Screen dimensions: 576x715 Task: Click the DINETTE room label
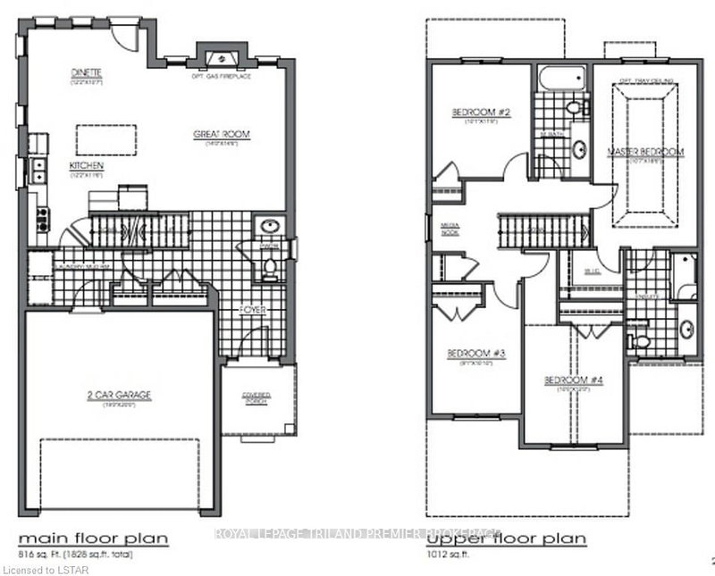click(89, 71)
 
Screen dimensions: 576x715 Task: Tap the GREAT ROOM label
click(222, 134)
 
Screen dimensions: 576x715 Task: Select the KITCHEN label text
click(88, 166)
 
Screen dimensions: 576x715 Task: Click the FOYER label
click(252, 312)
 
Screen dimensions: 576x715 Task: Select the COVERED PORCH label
click(256, 398)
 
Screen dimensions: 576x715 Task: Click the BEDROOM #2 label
click(479, 112)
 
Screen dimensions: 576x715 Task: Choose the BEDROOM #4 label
click(574, 380)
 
